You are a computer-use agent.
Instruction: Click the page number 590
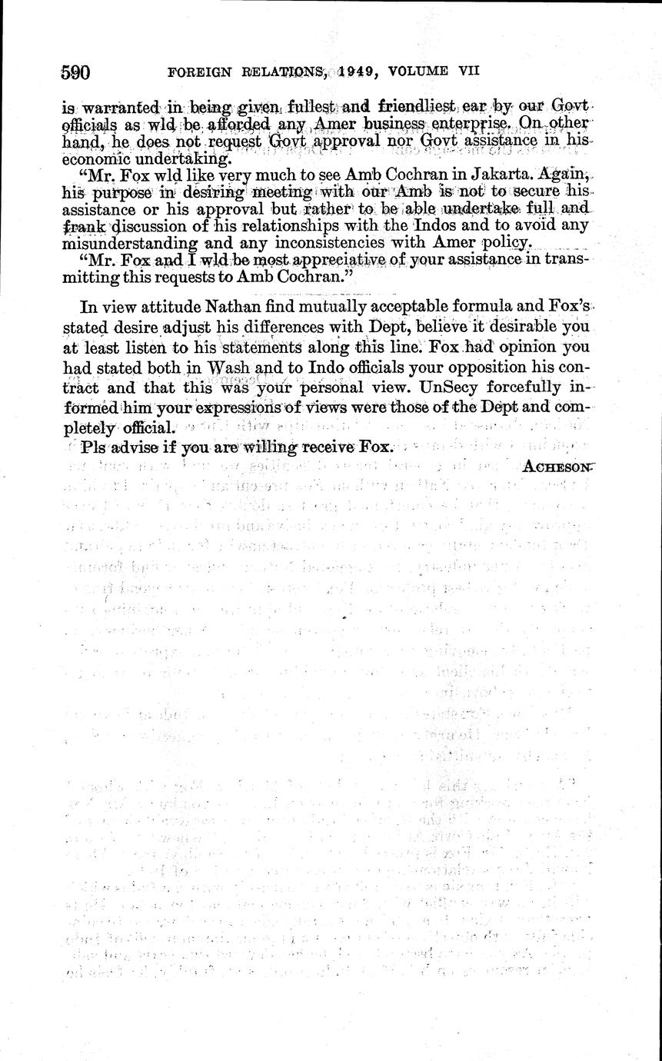pyautogui.click(x=76, y=73)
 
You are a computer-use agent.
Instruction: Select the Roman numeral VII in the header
pyautogui.click(x=468, y=70)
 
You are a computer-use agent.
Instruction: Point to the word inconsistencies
pyautogui.click(x=308, y=243)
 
